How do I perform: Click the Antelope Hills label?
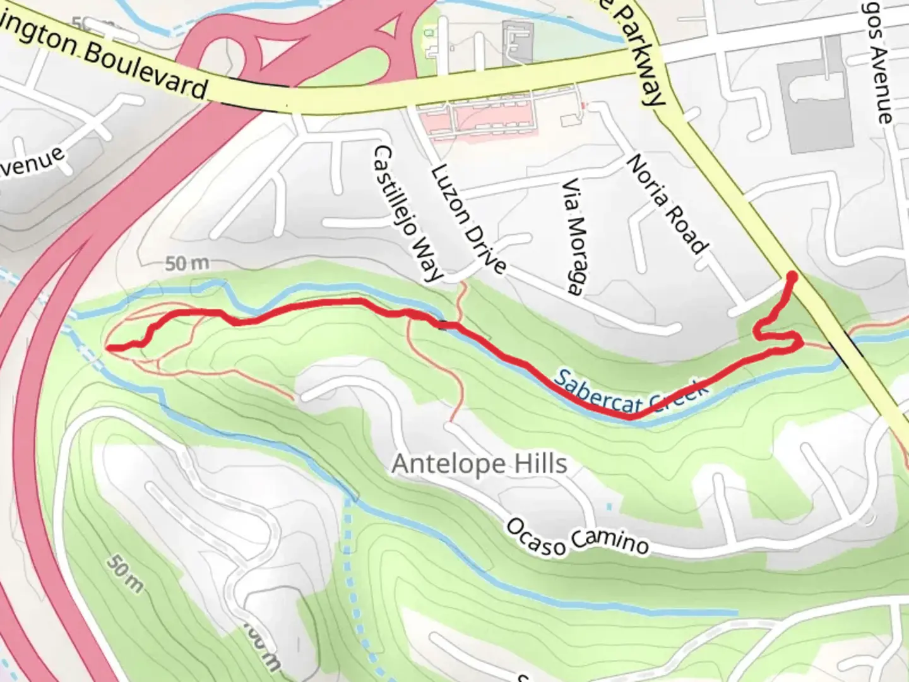point(479,464)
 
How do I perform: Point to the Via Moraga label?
point(573,237)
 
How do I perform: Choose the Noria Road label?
point(667,203)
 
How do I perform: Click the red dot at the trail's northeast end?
point(791,277)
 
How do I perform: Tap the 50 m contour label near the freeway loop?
point(187,264)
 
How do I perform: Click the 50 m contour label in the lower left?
point(124,573)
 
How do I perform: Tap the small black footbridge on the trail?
point(444,325)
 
